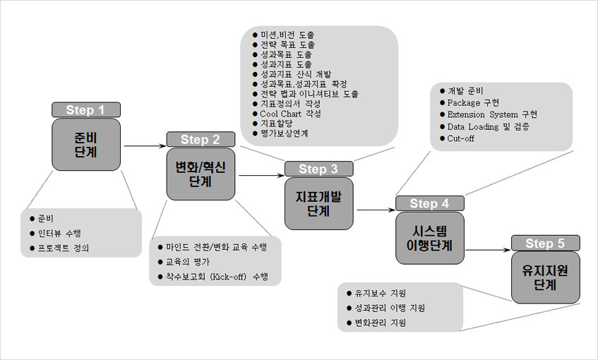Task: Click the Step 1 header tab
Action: (x=86, y=110)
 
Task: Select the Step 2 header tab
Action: (x=201, y=139)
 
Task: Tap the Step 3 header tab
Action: (x=319, y=169)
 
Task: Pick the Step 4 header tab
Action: (x=430, y=203)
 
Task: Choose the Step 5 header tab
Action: (x=545, y=243)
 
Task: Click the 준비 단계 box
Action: (x=86, y=145)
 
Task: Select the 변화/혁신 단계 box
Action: (x=201, y=174)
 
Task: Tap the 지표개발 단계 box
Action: (x=319, y=203)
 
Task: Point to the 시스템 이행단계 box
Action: (x=430, y=238)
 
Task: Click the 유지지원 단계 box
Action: (x=545, y=277)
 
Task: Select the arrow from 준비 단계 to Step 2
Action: (x=145, y=145)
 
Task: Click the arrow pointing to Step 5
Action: (x=488, y=250)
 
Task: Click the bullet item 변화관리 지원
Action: (x=376, y=323)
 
